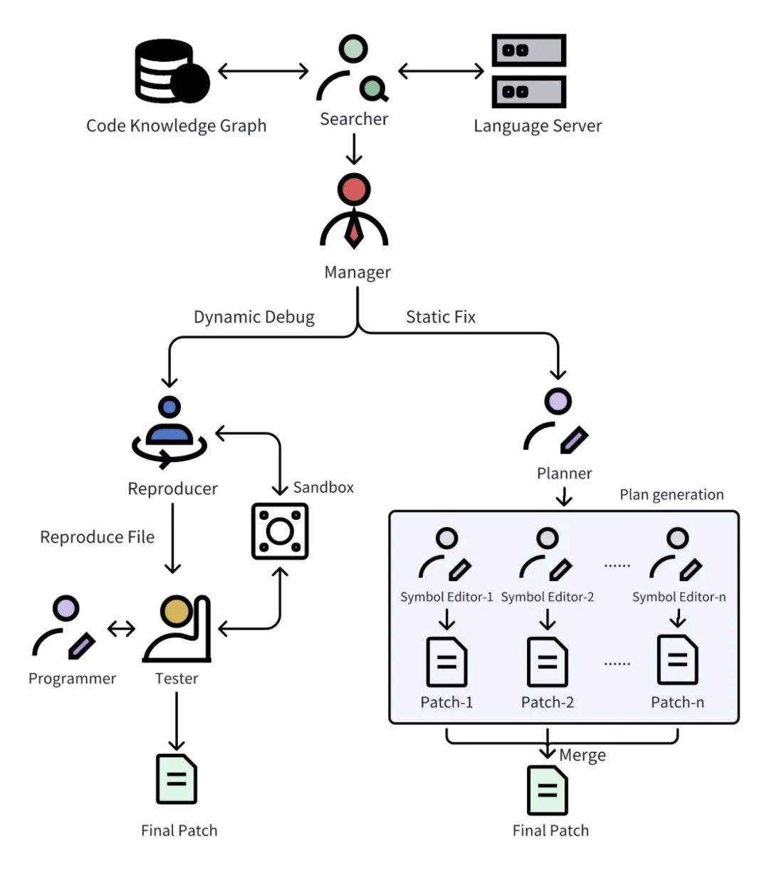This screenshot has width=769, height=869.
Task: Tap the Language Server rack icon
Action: [x=528, y=71]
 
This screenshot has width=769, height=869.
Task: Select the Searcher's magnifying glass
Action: [x=374, y=89]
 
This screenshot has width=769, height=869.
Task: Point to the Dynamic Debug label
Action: [x=254, y=317]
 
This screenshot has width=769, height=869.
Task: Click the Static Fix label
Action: [x=441, y=317]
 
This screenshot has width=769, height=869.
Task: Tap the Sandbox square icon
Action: [x=280, y=531]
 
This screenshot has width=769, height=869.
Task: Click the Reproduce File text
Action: [x=97, y=537]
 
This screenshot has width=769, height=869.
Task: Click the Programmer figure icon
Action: [x=64, y=628]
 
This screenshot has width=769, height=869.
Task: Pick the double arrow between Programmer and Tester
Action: [x=121, y=629]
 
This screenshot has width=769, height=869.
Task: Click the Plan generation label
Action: [x=671, y=494]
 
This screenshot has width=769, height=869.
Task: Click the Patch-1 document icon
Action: [x=446, y=662]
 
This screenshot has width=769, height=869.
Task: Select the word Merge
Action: [x=582, y=755]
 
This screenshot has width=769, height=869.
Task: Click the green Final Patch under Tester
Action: [x=177, y=779]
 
